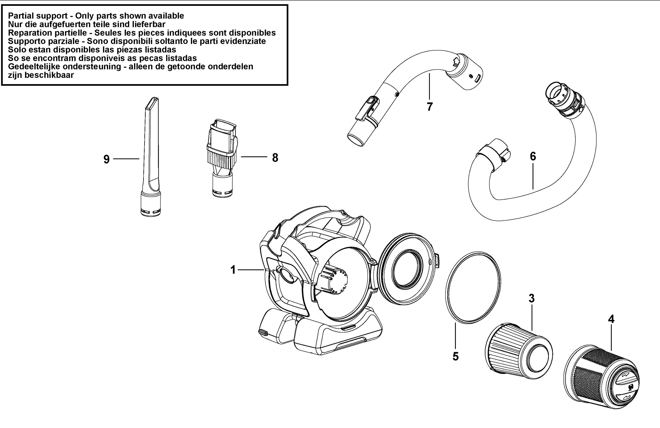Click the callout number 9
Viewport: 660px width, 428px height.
click(107, 159)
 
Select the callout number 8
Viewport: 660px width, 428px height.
click(275, 158)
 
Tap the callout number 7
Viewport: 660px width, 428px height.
click(430, 106)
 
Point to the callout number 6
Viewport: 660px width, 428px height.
click(533, 156)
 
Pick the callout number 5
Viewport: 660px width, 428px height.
click(456, 356)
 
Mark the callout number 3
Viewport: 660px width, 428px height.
click(531, 298)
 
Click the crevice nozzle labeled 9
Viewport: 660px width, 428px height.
click(151, 157)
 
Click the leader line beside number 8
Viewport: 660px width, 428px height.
click(254, 157)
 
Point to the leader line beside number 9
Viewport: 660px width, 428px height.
click(126, 159)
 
